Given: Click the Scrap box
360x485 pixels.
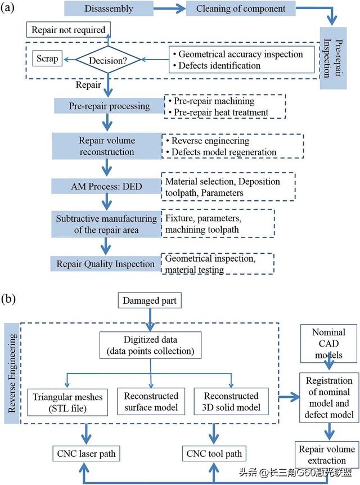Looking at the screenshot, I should [47, 59].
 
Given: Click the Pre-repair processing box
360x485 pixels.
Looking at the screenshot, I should [102, 106].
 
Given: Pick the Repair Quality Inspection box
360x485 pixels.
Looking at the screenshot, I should [105, 263].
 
